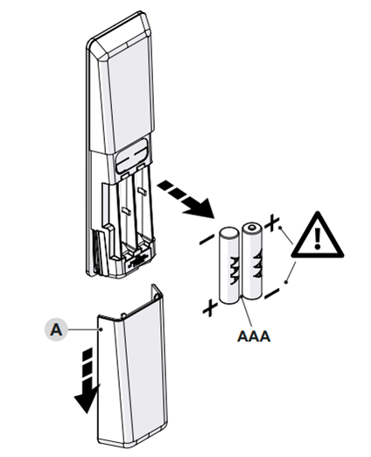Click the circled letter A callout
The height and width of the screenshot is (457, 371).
point(56,330)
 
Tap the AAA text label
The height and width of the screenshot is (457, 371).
point(254,336)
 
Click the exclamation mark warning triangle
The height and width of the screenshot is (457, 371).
point(318,237)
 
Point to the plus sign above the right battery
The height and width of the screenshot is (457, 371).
point(271,223)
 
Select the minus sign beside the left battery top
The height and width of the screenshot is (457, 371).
point(206,240)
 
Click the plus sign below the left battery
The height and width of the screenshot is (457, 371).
point(210,308)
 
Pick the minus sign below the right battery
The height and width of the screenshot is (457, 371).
point(272,294)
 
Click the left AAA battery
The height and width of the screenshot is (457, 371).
point(229,265)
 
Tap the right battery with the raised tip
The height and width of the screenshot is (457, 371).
point(252,260)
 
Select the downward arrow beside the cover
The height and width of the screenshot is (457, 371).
point(87,380)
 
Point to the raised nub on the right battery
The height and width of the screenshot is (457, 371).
point(252,227)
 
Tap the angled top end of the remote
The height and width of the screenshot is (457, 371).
point(120,35)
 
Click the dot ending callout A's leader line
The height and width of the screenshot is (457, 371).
point(101,329)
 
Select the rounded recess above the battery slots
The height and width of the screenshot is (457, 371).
point(132,156)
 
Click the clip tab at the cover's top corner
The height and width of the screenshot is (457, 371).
point(157,292)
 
